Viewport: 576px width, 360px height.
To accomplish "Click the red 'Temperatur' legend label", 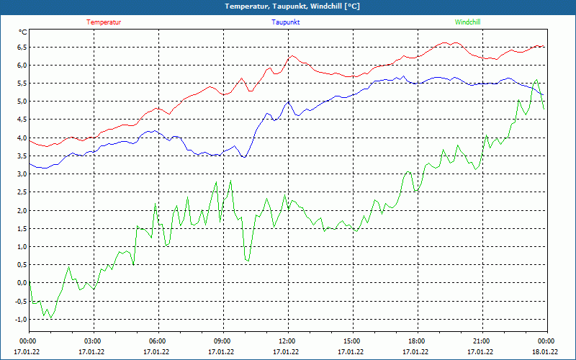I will [104, 22].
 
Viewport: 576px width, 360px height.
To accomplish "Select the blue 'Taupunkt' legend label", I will [286, 22].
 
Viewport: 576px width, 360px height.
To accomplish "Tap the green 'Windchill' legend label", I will [467, 22].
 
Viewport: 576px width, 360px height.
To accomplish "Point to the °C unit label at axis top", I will [23, 32].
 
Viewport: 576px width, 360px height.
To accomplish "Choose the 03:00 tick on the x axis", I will [93, 341].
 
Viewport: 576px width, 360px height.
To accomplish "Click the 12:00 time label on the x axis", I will [287, 341].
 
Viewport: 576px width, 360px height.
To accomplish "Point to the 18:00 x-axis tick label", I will [417, 341].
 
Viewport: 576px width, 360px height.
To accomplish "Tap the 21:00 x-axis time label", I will [482, 341].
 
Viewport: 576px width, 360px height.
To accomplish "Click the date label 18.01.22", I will [545, 352].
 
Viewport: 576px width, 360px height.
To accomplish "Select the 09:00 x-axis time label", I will [222, 341].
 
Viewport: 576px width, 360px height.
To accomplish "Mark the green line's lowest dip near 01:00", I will [50, 318].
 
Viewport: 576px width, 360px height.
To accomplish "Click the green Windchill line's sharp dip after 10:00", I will [248, 260].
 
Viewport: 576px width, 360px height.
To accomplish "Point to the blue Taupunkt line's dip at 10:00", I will [245, 157].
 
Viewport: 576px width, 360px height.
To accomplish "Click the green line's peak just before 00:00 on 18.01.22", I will [537, 80].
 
